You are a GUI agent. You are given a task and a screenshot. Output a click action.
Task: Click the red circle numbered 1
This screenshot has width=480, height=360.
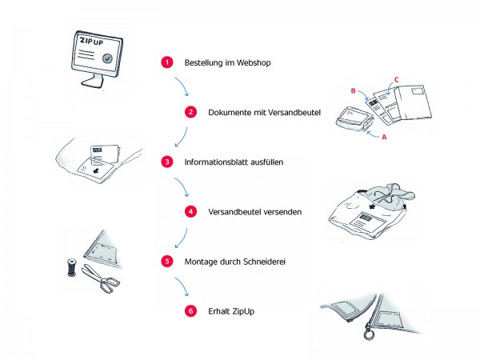(x=166, y=62)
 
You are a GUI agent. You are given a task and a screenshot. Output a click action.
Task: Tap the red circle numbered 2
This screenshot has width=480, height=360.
(x=190, y=112)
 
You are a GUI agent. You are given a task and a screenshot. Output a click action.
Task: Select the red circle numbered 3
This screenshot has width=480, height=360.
(x=166, y=162)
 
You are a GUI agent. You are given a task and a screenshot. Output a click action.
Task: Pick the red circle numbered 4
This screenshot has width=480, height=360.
(x=190, y=212)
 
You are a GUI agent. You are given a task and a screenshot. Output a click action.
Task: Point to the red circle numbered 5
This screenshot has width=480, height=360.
(x=166, y=261)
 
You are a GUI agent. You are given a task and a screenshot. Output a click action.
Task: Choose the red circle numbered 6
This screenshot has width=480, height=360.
(x=190, y=311)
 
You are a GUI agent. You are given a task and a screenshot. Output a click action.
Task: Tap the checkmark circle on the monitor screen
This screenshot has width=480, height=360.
(x=106, y=58)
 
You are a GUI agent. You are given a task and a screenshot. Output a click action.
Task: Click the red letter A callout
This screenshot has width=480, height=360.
(x=384, y=137)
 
